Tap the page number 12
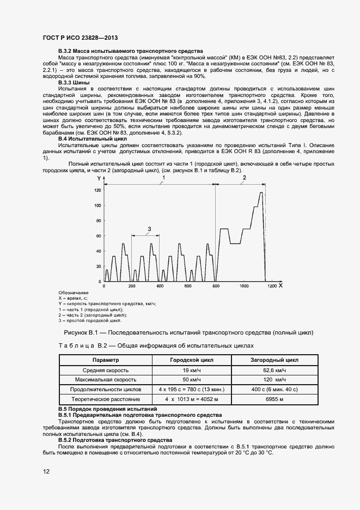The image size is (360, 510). (x=46, y=472)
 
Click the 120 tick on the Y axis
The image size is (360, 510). (x=97, y=190)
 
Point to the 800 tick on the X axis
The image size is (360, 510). (x=216, y=286)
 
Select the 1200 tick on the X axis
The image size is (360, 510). (x=271, y=286)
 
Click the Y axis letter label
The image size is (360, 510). (x=99, y=179)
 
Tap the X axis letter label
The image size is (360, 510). (x=280, y=285)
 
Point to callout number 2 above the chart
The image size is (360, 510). (x=244, y=178)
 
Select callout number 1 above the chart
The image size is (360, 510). (x=162, y=178)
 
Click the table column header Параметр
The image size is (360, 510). (x=106, y=360)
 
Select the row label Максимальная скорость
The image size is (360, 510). (x=106, y=379)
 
